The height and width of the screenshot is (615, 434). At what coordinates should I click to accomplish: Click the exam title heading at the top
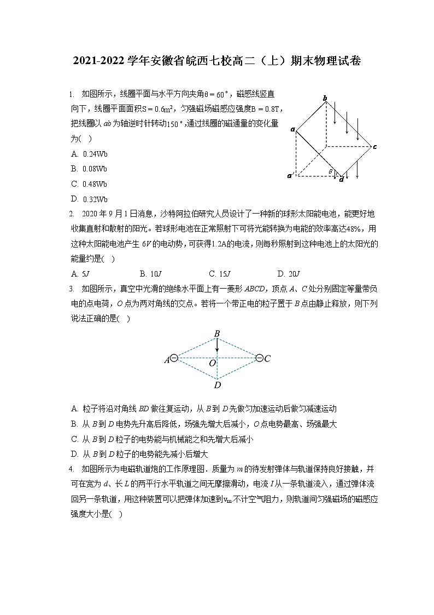click(x=217, y=61)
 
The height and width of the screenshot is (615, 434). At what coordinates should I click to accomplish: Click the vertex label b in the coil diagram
click(x=325, y=98)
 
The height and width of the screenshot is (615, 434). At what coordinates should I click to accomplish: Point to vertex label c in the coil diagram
click(x=374, y=147)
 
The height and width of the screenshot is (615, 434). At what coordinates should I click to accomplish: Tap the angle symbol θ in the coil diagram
click(x=331, y=172)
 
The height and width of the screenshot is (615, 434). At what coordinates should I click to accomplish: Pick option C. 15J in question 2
click(x=220, y=274)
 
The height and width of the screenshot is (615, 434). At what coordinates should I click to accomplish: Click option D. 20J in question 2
click(x=289, y=274)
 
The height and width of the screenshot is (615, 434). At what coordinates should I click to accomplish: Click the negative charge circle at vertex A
click(x=174, y=358)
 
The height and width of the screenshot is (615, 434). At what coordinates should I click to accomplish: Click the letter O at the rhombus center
click(x=212, y=363)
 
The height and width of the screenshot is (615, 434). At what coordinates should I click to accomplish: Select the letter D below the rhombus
click(x=217, y=386)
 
